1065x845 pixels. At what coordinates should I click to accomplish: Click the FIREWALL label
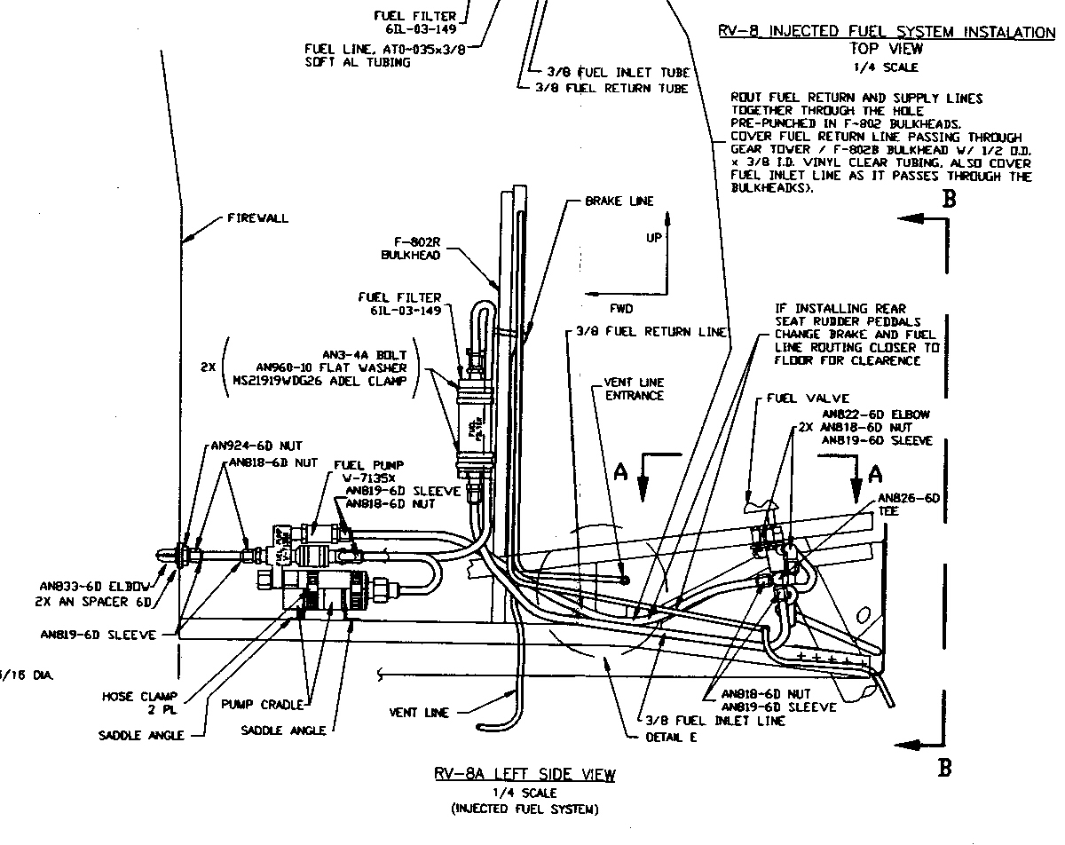[257, 217]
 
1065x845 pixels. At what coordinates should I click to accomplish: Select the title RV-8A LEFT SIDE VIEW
[525, 775]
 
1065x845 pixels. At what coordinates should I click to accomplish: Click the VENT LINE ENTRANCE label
[634, 389]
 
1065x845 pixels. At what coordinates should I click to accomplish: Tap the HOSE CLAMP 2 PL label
[129, 703]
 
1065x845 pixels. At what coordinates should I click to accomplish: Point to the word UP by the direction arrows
[653, 237]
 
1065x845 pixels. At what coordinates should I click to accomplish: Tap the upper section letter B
[949, 200]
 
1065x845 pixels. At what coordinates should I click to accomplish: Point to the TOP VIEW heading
[887, 49]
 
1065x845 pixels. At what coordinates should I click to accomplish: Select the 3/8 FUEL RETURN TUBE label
[611, 88]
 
